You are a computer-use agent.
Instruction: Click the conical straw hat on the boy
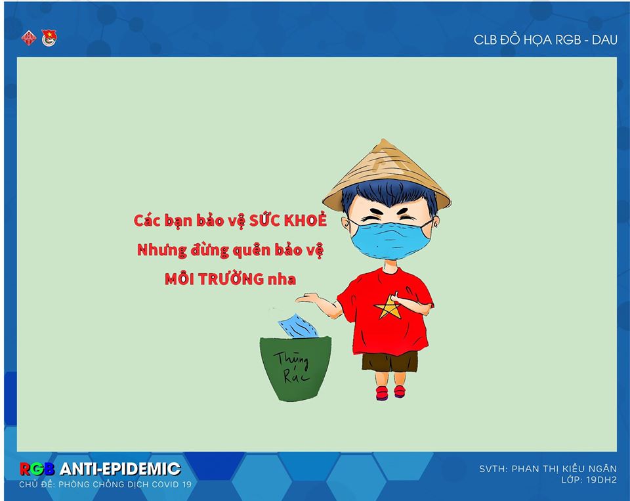coord(387,173)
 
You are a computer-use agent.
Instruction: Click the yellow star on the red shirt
coord(387,307)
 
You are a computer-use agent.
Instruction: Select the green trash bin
coord(296,368)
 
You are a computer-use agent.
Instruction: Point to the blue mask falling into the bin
coord(298,325)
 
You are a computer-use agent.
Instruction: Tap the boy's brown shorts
coord(390,361)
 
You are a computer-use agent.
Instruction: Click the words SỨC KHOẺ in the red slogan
coord(287,221)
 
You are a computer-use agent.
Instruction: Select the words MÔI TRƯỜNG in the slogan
coord(214,278)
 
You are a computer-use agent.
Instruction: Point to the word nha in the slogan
coord(282,279)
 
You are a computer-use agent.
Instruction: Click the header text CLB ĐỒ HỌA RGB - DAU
coord(545,39)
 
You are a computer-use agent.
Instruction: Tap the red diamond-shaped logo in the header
coord(28,38)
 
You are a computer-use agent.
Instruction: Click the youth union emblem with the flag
coord(49,38)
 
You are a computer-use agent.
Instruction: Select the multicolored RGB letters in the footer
coord(37,469)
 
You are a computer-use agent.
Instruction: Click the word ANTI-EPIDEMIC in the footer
coord(120,469)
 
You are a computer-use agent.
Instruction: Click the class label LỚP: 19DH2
coord(589,480)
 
